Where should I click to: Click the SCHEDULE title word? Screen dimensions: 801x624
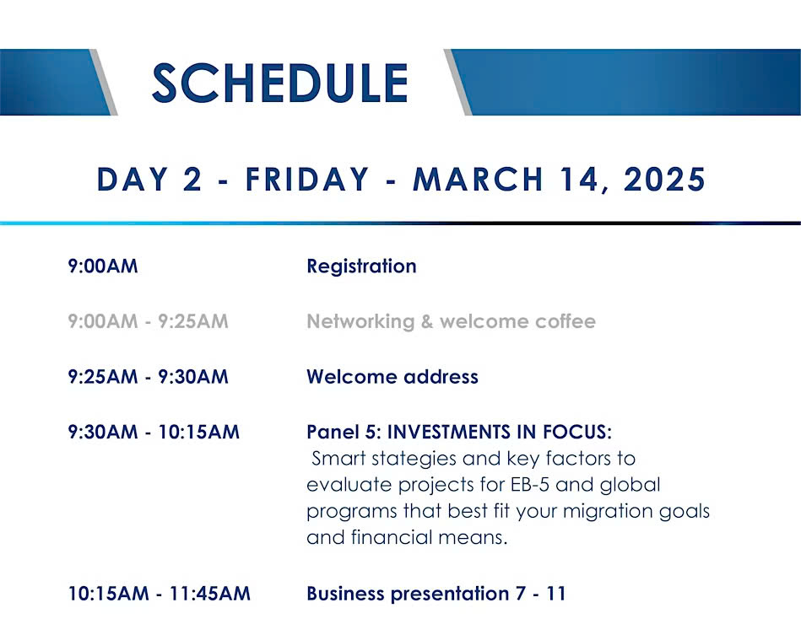point(280,83)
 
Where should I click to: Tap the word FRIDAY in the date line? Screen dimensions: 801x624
point(307,180)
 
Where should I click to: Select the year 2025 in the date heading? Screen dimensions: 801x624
point(664,180)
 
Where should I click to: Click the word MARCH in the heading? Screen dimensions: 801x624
point(478,180)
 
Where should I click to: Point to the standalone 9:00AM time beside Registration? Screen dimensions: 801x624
point(103,266)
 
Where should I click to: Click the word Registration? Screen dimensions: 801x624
point(362,266)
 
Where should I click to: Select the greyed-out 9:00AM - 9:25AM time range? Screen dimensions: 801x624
point(149,321)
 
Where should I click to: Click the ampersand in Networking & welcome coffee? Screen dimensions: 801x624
point(427,321)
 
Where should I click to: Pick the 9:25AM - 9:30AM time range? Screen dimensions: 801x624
point(149,377)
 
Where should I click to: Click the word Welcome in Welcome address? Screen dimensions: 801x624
point(352,377)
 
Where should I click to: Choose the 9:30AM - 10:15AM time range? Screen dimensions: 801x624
point(154,432)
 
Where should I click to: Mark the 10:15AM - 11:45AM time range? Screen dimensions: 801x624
point(160,594)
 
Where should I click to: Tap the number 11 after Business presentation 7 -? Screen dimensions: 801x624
point(556,594)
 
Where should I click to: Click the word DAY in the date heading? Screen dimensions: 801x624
point(133,180)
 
